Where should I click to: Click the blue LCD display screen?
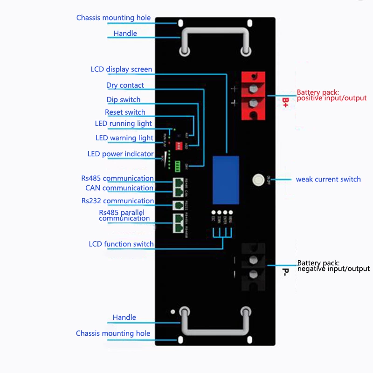coord(226,180)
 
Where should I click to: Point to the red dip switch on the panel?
coord(178,146)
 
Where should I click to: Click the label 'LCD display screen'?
coord(121,69)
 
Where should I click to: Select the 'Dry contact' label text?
coord(125,85)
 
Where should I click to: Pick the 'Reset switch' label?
coord(125,112)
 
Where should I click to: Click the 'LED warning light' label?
coord(124,138)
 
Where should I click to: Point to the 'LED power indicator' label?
coord(120,154)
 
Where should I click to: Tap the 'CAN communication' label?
coord(119,188)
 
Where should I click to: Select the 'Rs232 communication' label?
coord(117,201)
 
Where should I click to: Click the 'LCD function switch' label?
coord(121,244)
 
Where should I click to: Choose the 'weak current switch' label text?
coord(328,180)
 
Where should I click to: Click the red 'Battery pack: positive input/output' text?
coord(332,96)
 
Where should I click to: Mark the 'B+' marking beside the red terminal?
coord(286,102)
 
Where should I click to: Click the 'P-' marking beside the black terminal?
coord(285,271)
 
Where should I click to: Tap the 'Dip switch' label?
coord(124,100)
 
